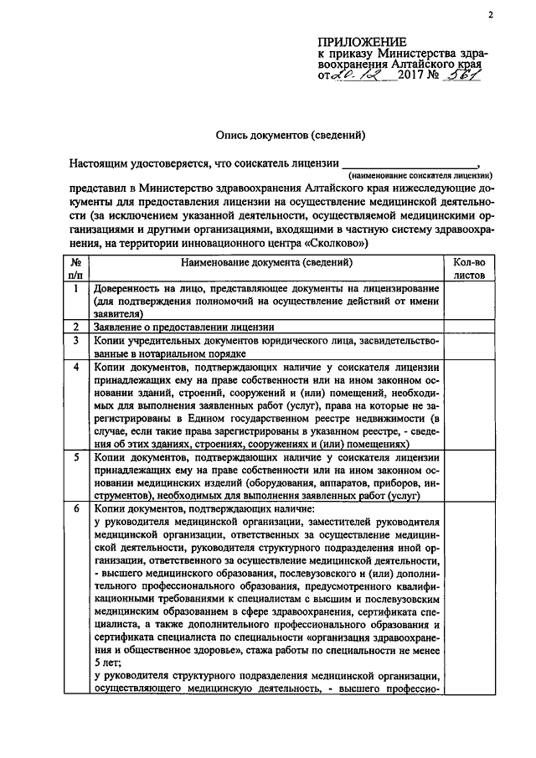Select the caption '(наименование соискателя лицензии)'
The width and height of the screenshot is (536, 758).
[x=420, y=177]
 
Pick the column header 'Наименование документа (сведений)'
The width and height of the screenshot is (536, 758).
[x=265, y=262]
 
